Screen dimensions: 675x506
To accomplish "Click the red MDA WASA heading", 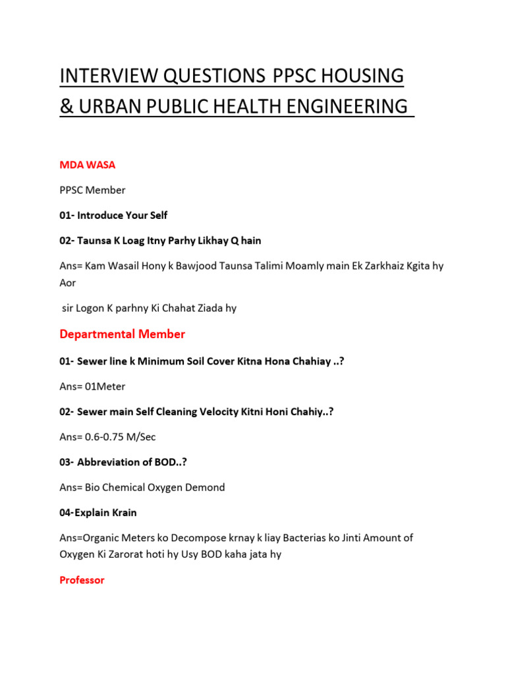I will (87, 165).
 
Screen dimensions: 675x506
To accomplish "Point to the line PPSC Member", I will (92, 190).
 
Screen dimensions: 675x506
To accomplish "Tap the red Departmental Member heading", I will (122, 334).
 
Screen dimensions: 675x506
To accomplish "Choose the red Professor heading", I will (82, 581).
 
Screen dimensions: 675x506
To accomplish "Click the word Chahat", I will (173, 308).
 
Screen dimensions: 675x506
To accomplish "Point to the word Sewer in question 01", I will (91, 361).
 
